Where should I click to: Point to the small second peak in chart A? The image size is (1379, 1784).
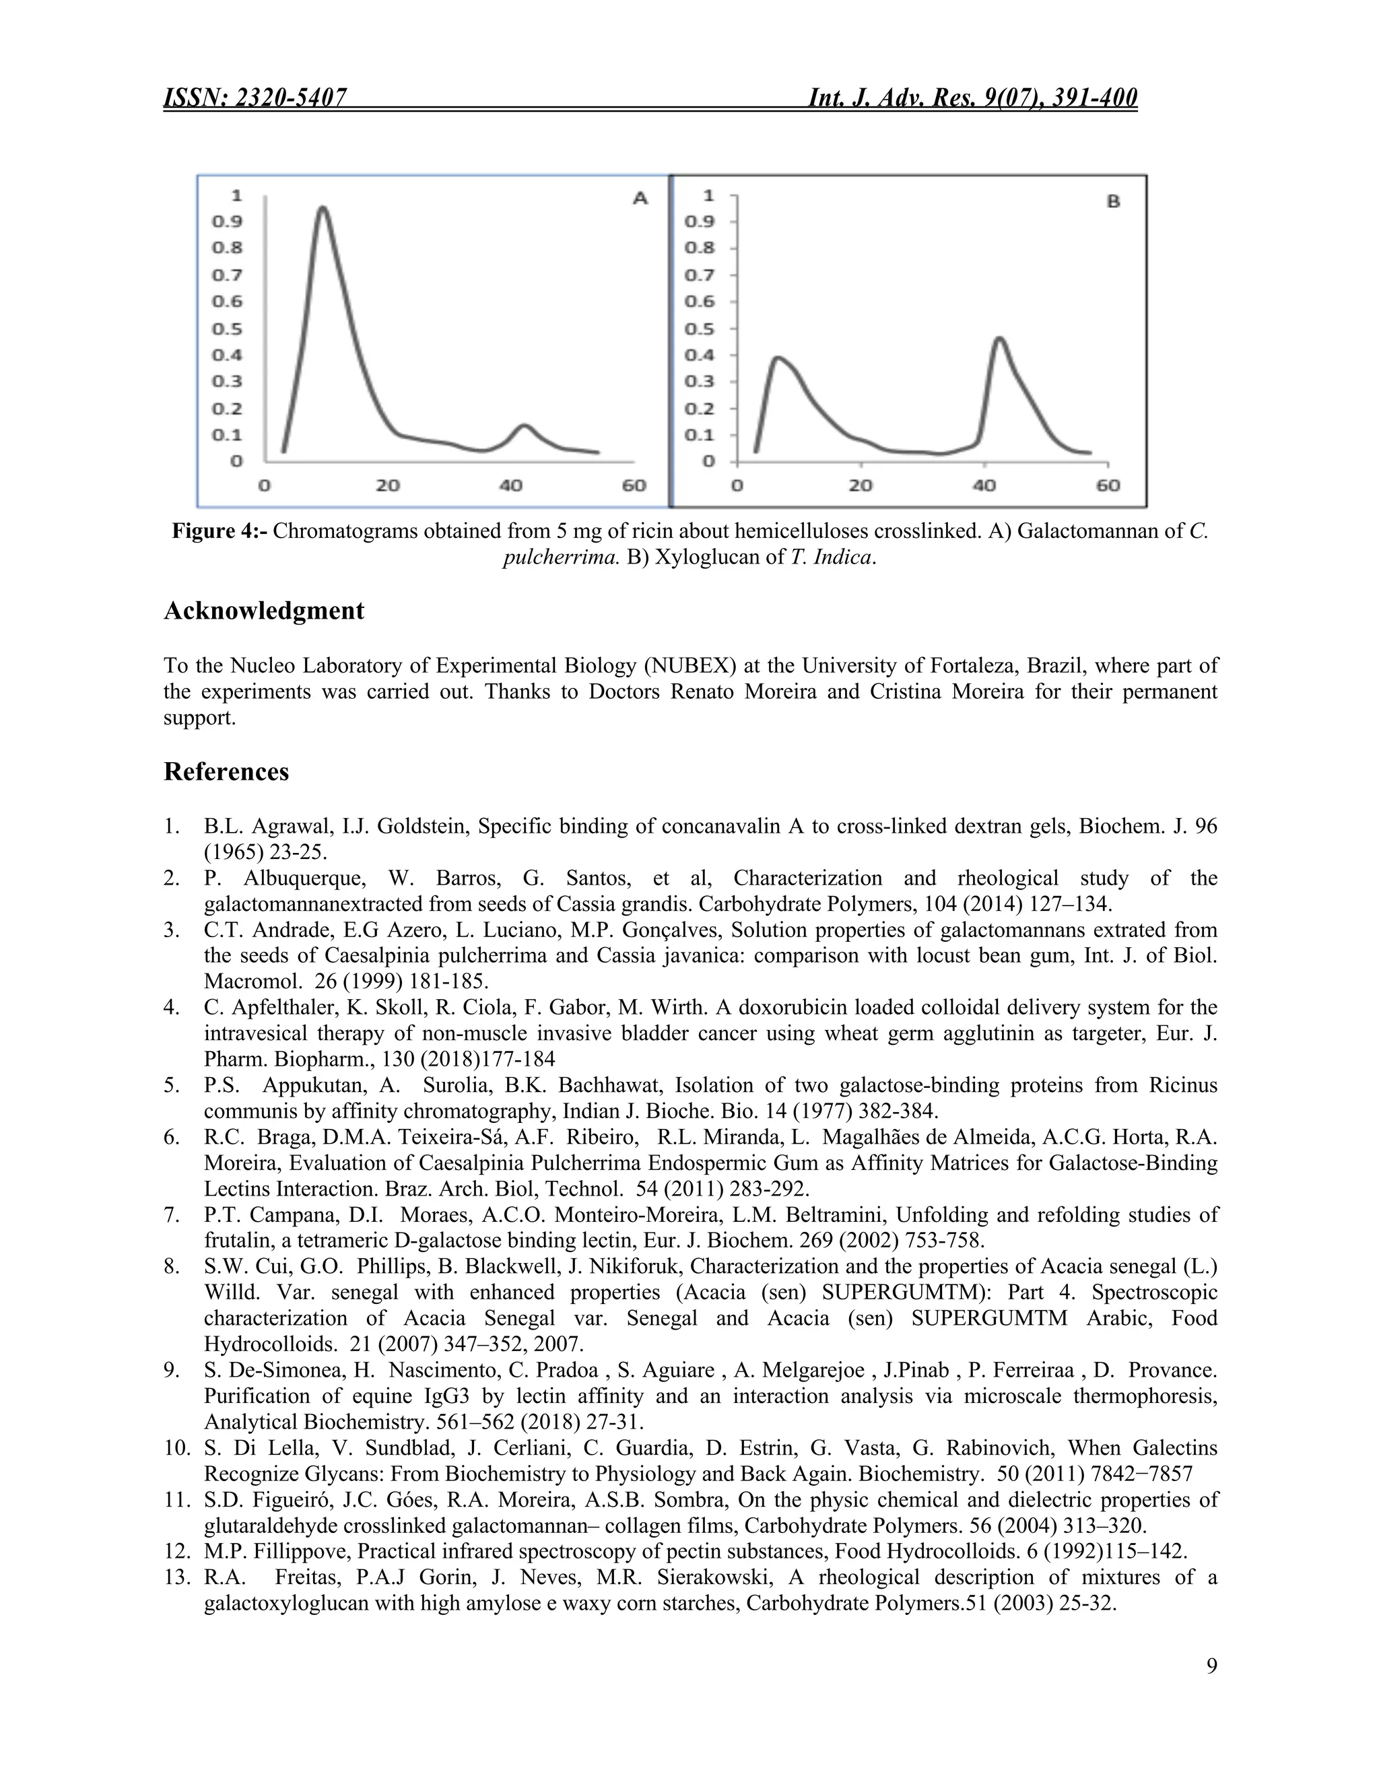pyautogui.click(x=524, y=425)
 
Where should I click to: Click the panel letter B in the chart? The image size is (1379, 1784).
pyautogui.click(x=1112, y=201)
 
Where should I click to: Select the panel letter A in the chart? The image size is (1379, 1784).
pyautogui.click(x=640, y=199)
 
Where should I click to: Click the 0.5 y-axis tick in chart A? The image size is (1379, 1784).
pyautogui.click(x=227, y=329)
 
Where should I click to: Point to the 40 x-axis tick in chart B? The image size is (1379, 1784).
pyautogui.click(x=984, y=485)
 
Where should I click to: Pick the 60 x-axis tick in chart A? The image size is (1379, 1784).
pyautogui.click(x=633, y=485)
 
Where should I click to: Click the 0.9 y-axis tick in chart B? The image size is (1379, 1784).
pyautogui.click(x=700, y=221)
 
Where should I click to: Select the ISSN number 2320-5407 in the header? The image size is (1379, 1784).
pyautogui.click(x=291, y=98)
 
